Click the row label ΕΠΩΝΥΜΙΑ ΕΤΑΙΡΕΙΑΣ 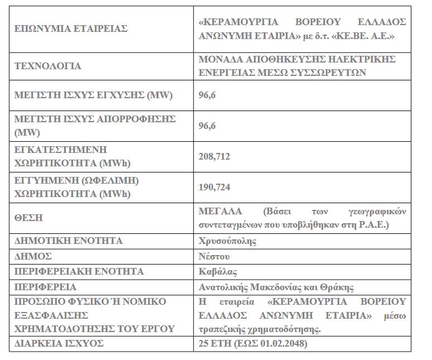70,28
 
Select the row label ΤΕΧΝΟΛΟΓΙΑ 47,66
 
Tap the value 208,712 215,157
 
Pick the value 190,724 215,188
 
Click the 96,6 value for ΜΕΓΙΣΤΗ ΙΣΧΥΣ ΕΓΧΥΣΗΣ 207,95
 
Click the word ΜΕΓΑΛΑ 220,212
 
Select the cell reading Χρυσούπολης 228,241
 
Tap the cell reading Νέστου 214,256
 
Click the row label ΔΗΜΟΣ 33,256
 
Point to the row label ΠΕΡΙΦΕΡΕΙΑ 45,287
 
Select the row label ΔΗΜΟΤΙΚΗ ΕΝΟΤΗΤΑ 68,241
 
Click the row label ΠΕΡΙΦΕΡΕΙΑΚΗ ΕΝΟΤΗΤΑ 79,272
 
